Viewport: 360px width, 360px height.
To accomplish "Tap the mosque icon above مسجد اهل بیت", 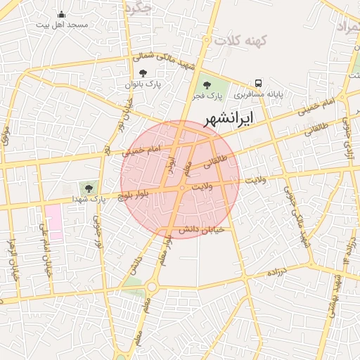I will pyautogui.click(x=61, y=15).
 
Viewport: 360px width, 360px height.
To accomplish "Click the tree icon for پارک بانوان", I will pyautogui.click(x=143, y=74).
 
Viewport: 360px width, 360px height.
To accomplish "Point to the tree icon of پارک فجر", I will pyautogui.click(x=206, y=84).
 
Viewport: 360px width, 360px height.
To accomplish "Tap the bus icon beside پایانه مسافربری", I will pyautogui.click(x=259, y=83).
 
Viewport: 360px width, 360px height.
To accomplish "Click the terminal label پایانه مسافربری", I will pyautogui.click(x=259, y=93).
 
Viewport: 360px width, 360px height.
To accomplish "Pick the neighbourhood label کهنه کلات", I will pyautogui.click(x=237, y=42).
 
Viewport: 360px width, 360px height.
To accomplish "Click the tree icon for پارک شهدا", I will pyautogui.click(x=89, y=188).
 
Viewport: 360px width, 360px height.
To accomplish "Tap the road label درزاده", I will pyautogui.click(x=264, y=272).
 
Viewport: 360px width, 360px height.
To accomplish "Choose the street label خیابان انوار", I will pyautogui.click(x=12, y=261).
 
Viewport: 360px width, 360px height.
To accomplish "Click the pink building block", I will pyautogui.click(x=53, y=223).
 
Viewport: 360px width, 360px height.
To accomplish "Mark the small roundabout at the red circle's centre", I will pyautogui.click(x=182, y=188).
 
